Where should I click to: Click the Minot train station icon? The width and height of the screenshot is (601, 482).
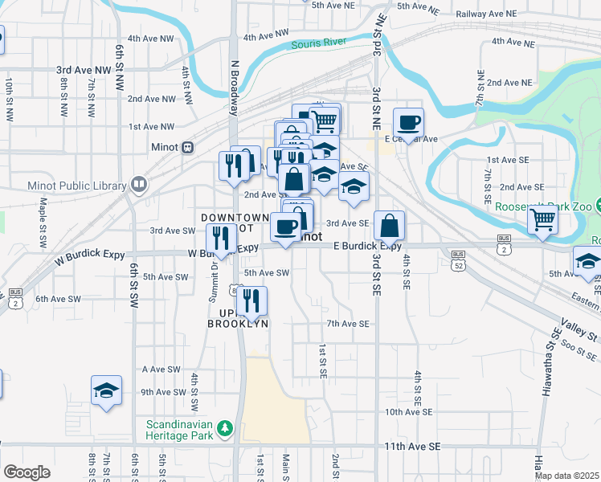[x=188, y=147]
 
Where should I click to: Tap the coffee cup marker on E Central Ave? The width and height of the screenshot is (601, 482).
[x=408, y=123]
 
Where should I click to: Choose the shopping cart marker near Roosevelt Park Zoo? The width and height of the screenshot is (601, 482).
[x=543, y=218]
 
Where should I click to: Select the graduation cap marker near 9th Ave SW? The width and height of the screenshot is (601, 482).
[x=106, y=390]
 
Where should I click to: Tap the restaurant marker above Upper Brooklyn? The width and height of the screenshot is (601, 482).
[x=251, y=301]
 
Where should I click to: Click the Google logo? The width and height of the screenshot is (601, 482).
[x=27, y=472]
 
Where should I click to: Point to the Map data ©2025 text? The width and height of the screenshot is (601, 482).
[x=566, y=476]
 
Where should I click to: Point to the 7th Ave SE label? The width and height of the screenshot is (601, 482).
[x=347, y=324]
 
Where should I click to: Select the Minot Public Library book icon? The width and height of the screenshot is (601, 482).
[x=139, y=186]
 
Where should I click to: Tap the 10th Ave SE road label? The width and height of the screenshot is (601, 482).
[x=408, y=411]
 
